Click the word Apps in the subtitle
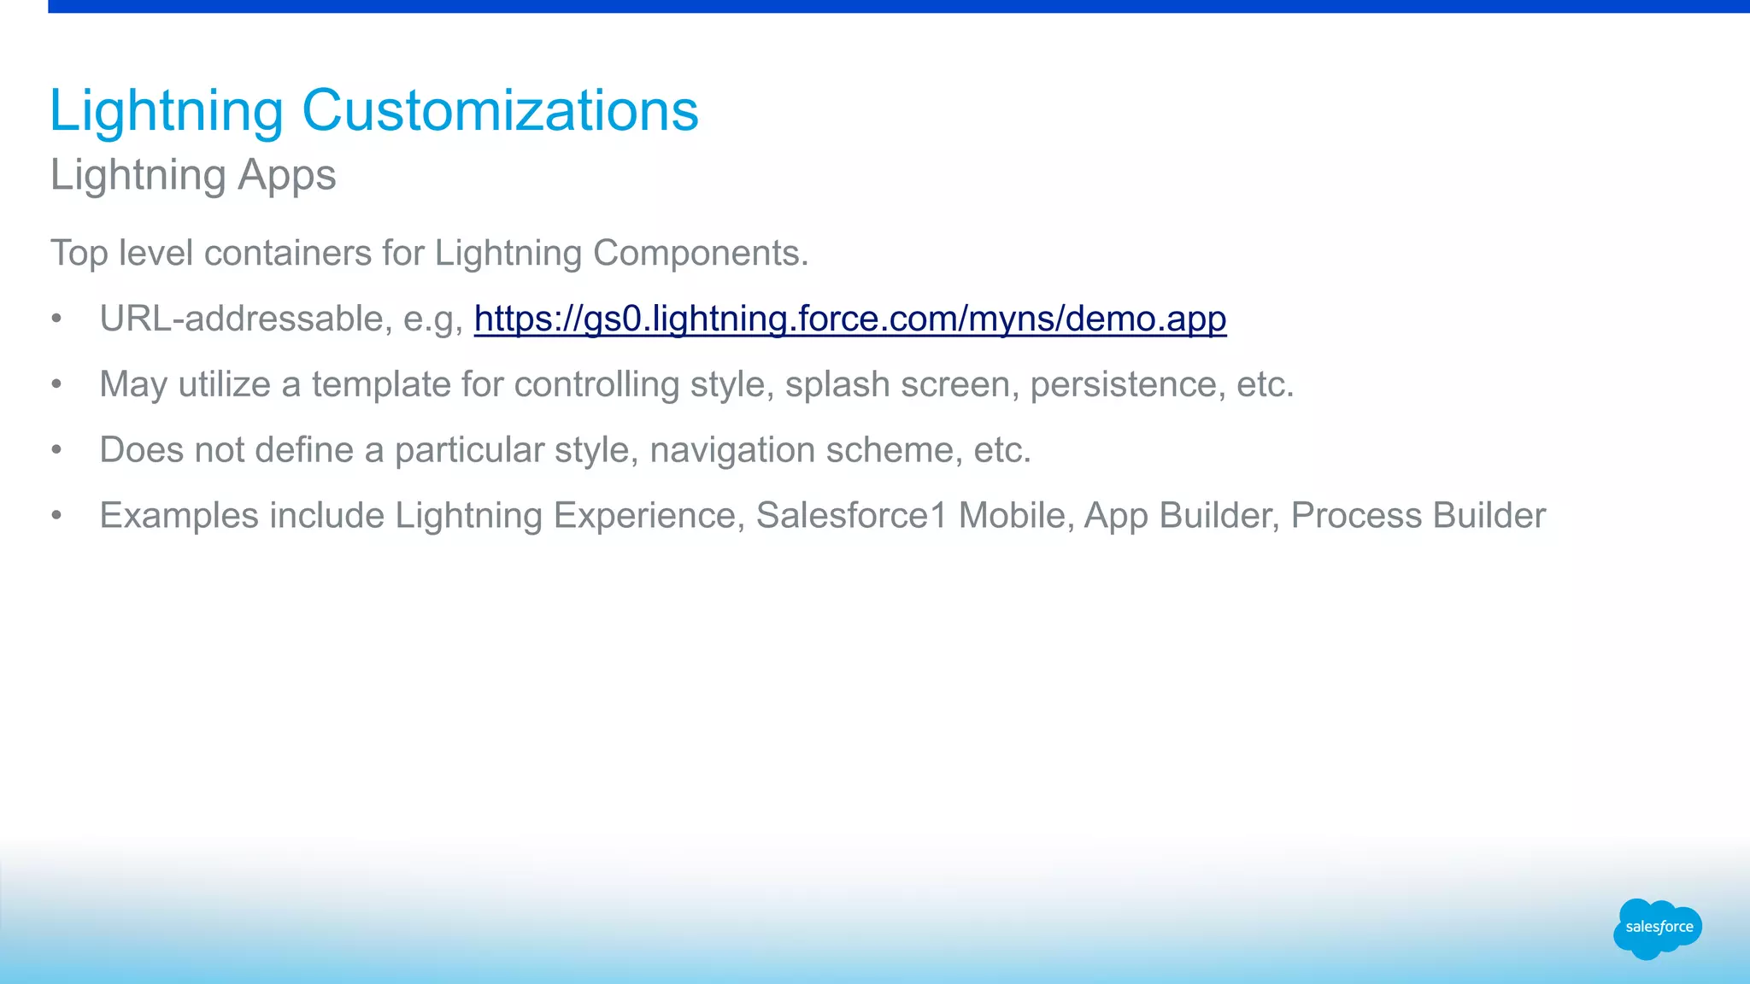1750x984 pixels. (286, 176)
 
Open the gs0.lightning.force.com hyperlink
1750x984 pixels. (849, 319)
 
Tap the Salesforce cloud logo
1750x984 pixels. (1658, 928)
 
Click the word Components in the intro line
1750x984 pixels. (696, 254)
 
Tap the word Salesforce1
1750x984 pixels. (851, 516)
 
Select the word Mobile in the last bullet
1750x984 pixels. (1012, 516)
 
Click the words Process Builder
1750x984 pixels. (1418, 516)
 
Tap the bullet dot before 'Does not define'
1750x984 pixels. (56, 450)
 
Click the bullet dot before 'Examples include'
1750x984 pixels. (56, 516)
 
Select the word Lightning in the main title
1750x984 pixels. (166, 111)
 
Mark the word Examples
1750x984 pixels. (179, 516)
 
